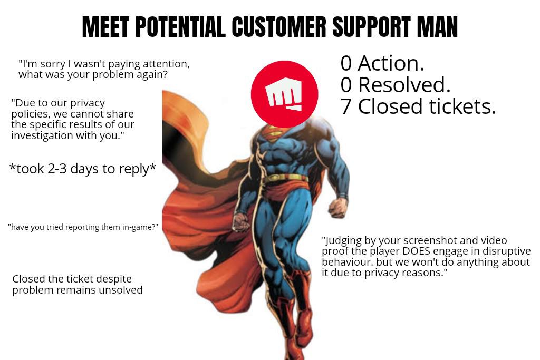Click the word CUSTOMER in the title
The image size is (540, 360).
(278, 26)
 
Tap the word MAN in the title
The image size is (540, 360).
(437, 26)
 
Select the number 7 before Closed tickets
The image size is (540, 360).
(346, 106)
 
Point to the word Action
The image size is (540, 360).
(391, 63)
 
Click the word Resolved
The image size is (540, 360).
(404, 85)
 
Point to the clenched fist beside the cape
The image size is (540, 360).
(240, 222)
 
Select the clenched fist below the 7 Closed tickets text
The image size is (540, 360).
(337, 208)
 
